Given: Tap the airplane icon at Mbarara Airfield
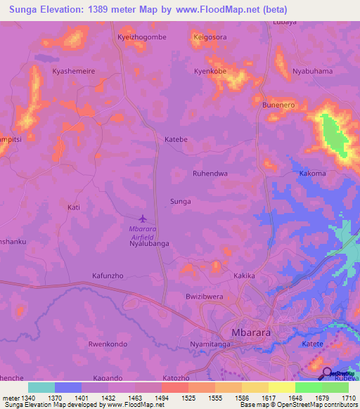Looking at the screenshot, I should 144,219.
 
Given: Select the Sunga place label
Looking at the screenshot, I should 181,202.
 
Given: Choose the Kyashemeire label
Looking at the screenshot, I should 74,72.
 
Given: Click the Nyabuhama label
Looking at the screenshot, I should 312,72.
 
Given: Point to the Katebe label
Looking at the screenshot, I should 176,139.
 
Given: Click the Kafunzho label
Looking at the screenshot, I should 108,276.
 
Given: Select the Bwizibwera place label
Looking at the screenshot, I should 204,297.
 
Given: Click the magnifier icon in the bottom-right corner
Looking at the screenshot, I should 327,373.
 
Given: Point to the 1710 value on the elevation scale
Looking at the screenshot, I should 349,398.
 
